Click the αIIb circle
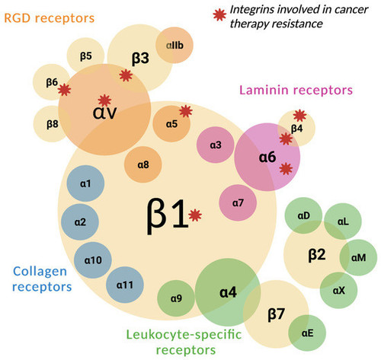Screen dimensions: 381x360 [x=174, y=45]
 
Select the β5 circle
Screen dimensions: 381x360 [x=85, y=56]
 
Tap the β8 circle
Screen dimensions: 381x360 [x=52, y=124]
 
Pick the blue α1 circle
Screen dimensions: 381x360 [x=85, y=183]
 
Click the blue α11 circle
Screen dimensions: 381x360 [x=125, y=285]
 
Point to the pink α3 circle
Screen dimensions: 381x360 [x=216, y=145]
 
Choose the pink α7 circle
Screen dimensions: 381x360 [x=238, y=202]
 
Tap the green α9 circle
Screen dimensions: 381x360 [x=176, y=298]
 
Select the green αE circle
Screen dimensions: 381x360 [x=307, y=333]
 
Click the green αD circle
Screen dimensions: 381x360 [x=303, y=215]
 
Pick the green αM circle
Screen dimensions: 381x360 [x=358, y=257]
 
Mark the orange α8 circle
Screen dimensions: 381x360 [x=143, y=164]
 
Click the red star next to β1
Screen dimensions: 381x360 [x=195, y=215]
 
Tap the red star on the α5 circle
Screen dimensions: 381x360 [x=186, y=111]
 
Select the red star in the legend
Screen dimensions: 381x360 [x=219, y=14]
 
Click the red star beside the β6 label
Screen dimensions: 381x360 [x=64, y=90]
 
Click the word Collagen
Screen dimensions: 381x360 [x=40, y=272]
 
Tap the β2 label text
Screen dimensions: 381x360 [x=317, y=254]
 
